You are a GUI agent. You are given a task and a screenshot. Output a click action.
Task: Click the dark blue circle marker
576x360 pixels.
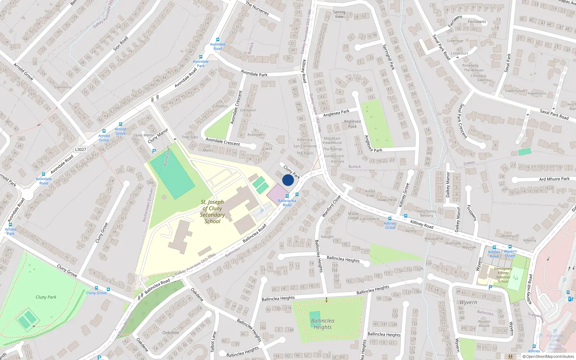point(288,180)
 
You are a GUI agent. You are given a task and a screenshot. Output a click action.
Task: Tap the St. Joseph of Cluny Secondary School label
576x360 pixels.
point(212,212)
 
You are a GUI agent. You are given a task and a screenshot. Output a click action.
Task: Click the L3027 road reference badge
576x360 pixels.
point(81,149)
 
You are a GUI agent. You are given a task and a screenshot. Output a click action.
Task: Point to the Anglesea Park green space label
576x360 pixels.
point(352,124)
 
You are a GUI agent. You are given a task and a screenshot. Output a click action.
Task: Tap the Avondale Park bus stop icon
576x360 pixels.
point(201,57)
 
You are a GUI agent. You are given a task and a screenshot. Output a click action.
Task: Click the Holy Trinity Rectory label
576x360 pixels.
point(427,213)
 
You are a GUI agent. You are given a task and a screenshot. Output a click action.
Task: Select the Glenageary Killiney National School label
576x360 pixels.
point(503,275)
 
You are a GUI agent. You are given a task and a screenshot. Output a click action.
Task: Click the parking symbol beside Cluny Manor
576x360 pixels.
point(154,152)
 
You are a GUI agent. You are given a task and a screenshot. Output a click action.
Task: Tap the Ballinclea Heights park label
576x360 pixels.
point(323,324)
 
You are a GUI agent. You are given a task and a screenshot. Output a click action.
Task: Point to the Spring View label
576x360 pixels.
point(339,14)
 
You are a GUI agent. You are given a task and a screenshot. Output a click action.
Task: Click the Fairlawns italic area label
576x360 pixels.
point(477,22)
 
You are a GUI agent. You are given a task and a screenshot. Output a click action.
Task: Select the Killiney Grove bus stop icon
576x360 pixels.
point(390,219)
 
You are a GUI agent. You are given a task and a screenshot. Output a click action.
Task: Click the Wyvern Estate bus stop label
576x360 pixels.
point(510,253)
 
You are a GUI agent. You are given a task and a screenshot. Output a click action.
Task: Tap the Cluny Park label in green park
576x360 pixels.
point(46,297)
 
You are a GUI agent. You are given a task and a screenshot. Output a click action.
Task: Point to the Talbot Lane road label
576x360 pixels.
point(214,342)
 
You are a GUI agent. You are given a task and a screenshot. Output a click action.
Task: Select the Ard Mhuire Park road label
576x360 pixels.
point(554,179)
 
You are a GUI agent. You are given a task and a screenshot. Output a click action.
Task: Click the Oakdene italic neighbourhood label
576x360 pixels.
point(171,333)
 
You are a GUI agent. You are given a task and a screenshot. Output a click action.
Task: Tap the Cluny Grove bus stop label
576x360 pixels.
point(96,293)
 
